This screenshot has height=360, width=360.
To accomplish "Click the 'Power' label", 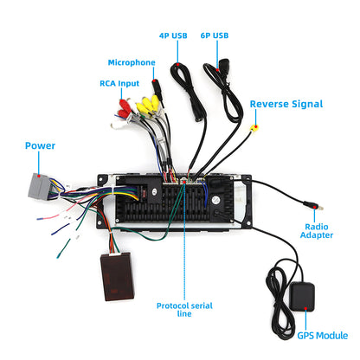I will click(40, 145).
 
